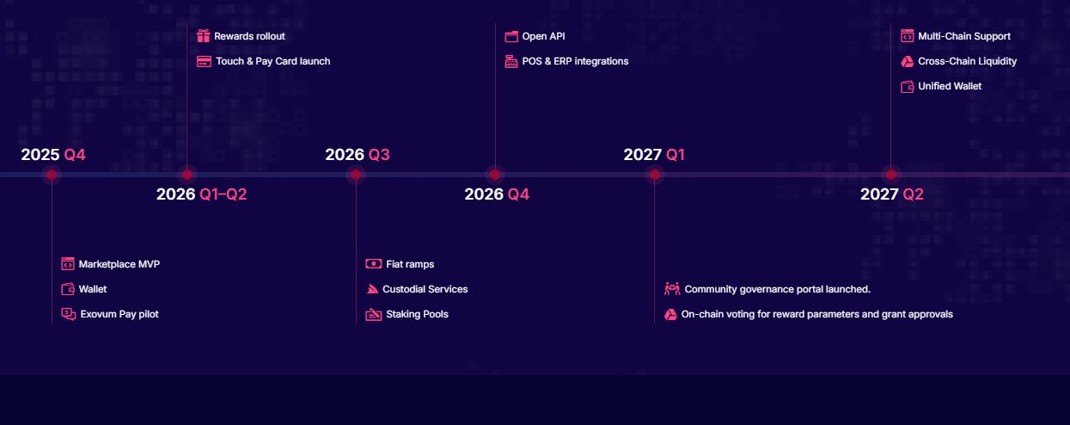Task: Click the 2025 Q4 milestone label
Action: (53, 154)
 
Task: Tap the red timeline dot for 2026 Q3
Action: (356, 175)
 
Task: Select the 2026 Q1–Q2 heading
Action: (202, 194)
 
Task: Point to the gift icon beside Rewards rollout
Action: (204, 36)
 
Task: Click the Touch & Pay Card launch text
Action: (272, 61)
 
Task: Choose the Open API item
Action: (543, 36)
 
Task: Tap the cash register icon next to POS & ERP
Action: (511, 61)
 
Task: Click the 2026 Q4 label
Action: (497, 194)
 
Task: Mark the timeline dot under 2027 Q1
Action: (655, 175)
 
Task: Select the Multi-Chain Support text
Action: (964, 36)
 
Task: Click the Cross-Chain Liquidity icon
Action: (907, 61)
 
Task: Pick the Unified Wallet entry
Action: (950, 86)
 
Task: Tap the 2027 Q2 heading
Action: (892, 194)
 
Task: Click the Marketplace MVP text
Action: (119, 264)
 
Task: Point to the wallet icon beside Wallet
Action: (68, 289)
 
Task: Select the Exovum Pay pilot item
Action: (119, 314)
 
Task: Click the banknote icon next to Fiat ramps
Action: (374, 264)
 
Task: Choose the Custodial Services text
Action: (425, 289)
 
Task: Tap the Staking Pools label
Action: (417, 314)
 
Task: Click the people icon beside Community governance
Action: (672, 289)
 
